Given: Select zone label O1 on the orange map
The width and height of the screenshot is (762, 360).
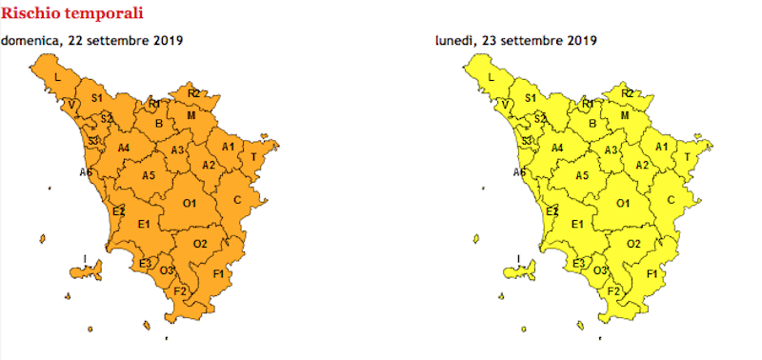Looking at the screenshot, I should point(190,203).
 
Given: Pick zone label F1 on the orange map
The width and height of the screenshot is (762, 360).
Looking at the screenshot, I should point(218,274).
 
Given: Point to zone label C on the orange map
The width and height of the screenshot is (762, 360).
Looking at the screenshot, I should point(237,199).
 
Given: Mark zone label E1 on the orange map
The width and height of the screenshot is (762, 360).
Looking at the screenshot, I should point(145,224).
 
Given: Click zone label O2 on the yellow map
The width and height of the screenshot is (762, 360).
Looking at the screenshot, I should point(633,244).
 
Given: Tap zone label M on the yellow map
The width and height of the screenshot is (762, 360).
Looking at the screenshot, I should point(625,115).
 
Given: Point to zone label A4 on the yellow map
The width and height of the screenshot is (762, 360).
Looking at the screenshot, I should point(557,148).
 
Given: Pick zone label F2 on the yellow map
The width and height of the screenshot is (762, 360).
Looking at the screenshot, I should point(614,290).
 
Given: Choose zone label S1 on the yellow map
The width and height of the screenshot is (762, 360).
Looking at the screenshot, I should point(531,98).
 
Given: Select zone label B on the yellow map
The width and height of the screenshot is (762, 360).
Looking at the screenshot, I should point(592,122).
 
